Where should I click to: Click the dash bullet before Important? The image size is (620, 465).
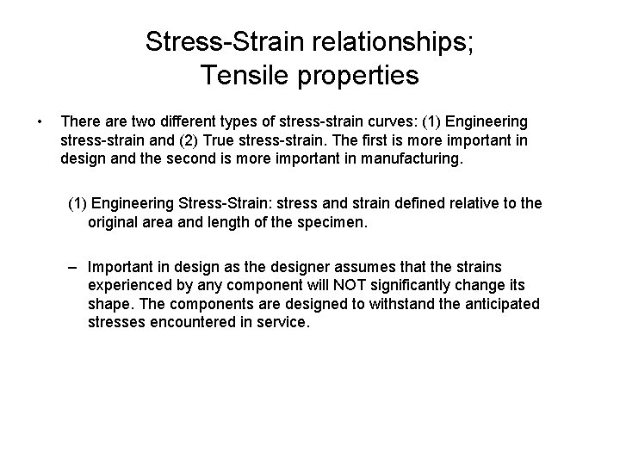click(76, 268)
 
